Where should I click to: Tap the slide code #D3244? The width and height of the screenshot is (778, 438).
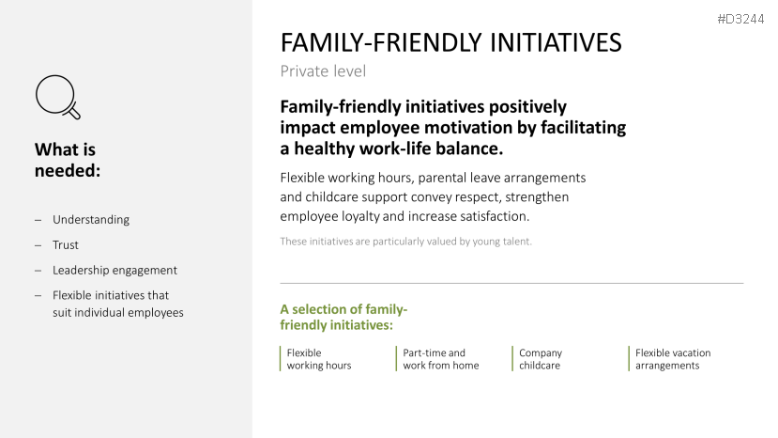740,20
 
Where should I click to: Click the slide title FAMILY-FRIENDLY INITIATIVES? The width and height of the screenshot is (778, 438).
450,42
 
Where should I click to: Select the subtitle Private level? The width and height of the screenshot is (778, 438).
323,71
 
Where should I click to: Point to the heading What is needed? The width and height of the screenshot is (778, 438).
68,160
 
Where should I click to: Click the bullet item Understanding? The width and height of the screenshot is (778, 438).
91,220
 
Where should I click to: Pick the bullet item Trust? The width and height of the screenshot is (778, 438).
66,245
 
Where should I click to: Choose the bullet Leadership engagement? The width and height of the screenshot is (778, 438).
114,271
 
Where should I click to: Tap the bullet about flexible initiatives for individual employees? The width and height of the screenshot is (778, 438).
118,304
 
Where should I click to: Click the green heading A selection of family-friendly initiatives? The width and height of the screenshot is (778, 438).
343,317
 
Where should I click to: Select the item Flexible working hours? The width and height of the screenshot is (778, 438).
318,359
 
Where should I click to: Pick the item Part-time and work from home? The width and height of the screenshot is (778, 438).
440,359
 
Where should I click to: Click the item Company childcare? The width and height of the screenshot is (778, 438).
541,359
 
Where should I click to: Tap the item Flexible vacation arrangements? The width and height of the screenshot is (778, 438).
673,359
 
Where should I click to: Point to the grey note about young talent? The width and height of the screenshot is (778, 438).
405,242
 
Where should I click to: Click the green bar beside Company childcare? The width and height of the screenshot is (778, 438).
512,359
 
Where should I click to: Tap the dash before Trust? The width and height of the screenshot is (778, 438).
38,245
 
